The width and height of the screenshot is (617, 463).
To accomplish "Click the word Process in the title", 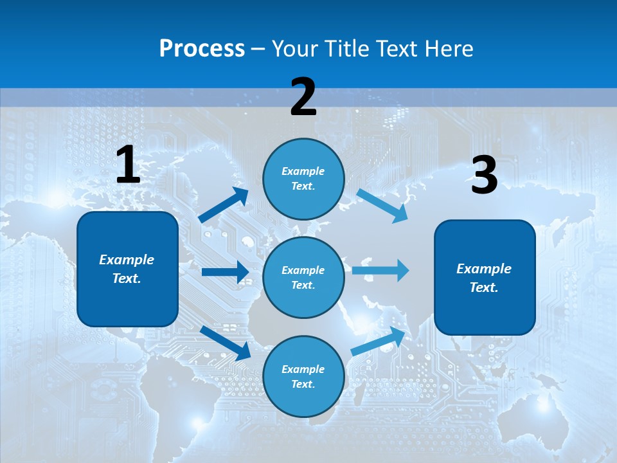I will (x=202, y=48).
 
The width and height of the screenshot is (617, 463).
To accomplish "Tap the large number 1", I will (x=128, y=165).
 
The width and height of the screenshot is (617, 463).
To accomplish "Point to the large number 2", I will (x=303, y=97).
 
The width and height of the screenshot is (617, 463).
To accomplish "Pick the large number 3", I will (x=484, y=176).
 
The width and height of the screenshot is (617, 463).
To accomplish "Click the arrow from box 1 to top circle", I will (x=224, y=206).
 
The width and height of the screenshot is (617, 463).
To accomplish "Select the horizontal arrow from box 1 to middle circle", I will (x=225, y=272).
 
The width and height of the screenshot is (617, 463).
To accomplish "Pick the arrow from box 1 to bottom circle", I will (x=225, y=342).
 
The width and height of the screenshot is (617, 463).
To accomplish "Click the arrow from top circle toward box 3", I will (x=382, y=205).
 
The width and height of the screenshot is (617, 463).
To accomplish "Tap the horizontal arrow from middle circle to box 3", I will (x=380, y=270).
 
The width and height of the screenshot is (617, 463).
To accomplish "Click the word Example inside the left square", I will (x=127, y=260).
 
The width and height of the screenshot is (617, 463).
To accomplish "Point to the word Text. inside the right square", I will (x=484, y=287).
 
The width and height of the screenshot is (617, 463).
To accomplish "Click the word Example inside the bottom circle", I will (x=303, y=369).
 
